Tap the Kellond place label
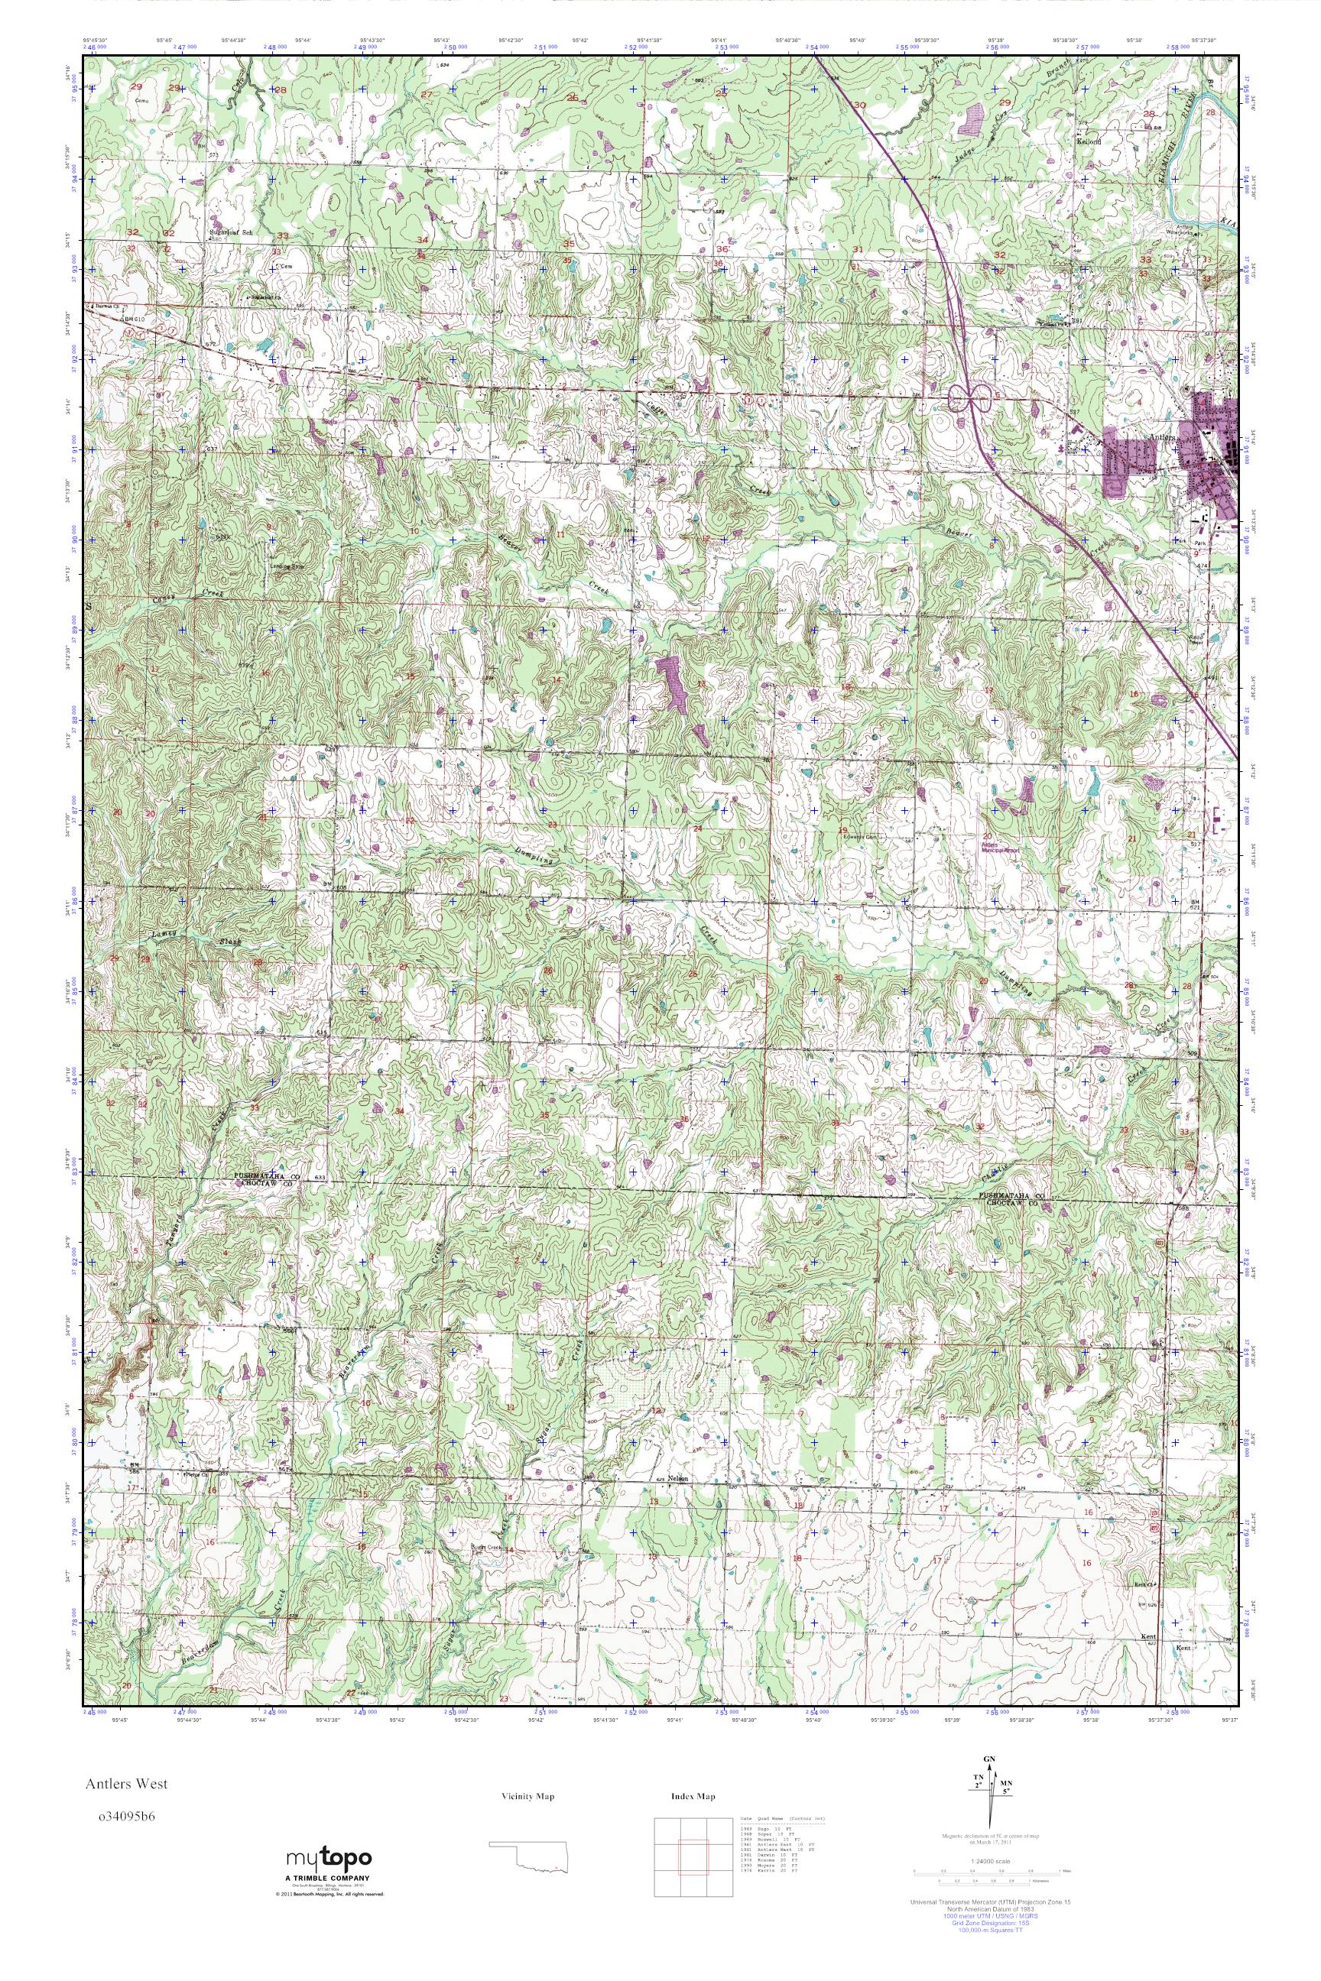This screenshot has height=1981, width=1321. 1089,141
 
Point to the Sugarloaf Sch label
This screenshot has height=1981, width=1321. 230,232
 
